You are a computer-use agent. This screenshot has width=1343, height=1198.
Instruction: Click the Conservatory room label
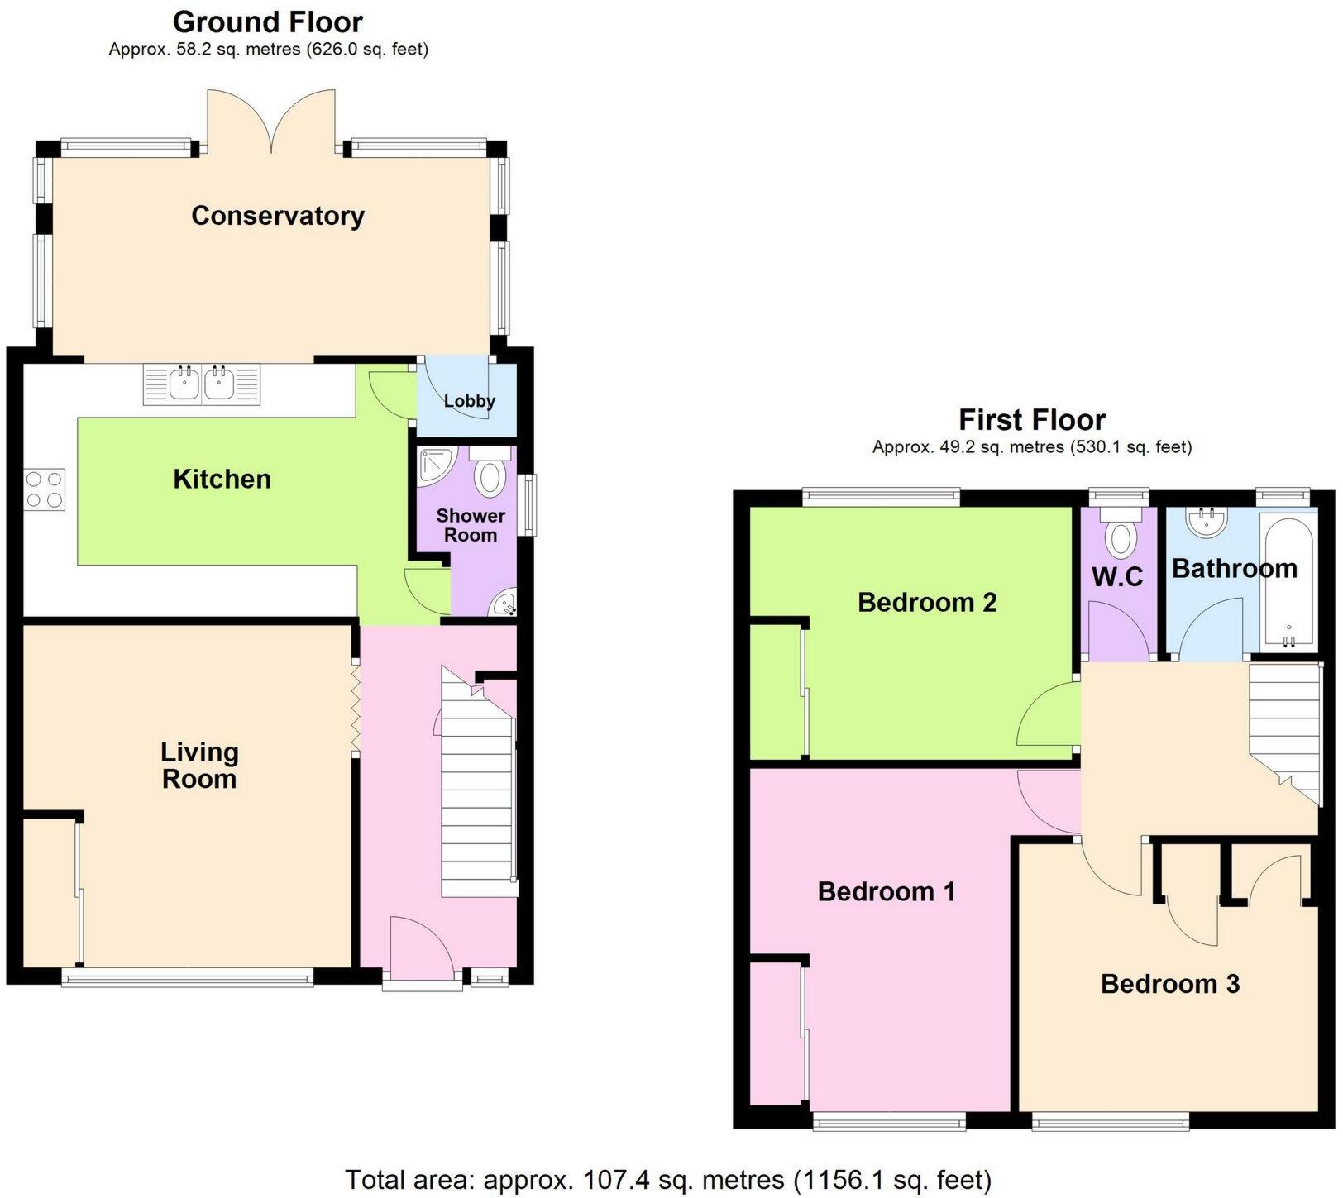(x=277, y=216)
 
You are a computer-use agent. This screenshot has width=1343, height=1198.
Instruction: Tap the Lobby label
(x=469, y=401)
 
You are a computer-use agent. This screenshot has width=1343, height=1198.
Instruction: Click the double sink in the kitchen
(x=202, y=384)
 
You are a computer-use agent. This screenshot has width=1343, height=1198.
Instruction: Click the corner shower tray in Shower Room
(x=433, y=466)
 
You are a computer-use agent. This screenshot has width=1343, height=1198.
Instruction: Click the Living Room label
(x=199, y=765)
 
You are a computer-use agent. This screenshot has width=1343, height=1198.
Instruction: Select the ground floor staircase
(x=476, y=794)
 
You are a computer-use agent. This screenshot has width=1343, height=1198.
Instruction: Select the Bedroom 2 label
(x=926, y=602)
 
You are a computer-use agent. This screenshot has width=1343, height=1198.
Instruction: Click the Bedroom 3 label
(x=1169, y=984)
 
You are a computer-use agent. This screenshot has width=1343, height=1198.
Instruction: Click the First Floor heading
(x=1031, y=420)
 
